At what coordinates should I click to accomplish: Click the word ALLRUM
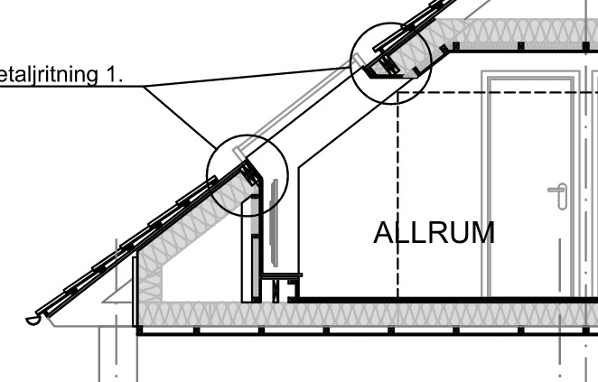[434, 233]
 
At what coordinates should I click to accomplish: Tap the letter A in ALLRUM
[384, 233]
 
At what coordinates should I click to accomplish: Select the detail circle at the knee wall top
[247, 175]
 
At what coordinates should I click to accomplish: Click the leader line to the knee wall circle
[181, 117]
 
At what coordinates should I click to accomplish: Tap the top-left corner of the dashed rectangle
[398, 93]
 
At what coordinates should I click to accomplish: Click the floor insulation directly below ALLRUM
[434, 315]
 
